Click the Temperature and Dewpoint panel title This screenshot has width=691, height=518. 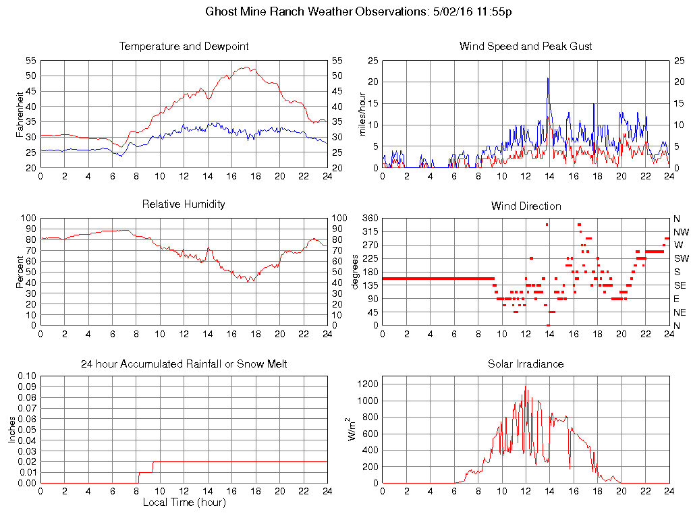(x=184, y=47)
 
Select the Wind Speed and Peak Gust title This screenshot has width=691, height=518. (x=526, y=47)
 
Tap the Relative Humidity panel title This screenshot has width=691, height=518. (x=184, y=204)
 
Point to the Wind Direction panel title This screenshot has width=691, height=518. (x=526, y=206)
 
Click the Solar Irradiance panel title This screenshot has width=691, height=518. (x=526, y=364)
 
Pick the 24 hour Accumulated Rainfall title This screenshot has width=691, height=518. (x=184, y=364)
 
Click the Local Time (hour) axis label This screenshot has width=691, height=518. (x=184, y=502)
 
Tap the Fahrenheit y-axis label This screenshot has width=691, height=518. (x=20, y=114)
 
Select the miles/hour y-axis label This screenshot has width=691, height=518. (x=362, y=114)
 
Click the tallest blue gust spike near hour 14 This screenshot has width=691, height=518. (x=548, y=78)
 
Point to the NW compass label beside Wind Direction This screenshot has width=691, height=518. (x=680, y=231)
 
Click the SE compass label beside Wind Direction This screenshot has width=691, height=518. (x=680, y=285)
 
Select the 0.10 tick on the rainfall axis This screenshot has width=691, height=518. (x=26, y=375)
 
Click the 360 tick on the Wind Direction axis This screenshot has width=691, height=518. (x=369, y=218)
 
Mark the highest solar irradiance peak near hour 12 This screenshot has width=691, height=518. (x=526, y=386)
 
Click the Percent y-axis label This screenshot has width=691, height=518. (x=20, y=272)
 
